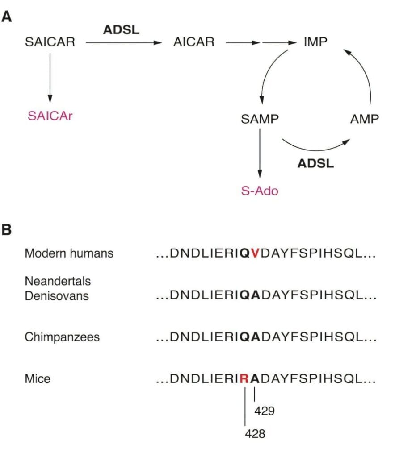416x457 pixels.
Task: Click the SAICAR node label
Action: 50,42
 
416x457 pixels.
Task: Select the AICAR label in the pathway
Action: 194,42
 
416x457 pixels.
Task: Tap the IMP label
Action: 315,42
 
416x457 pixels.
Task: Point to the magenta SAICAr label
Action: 50,116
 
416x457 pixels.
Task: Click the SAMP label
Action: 260,119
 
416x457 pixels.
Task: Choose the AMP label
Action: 364,119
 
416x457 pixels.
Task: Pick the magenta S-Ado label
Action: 260,191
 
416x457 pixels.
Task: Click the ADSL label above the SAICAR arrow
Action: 122,30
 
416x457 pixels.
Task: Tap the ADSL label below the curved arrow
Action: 315,163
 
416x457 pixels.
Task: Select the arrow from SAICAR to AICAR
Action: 123,43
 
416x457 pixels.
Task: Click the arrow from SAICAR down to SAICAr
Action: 50,78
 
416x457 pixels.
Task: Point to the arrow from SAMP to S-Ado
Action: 260,154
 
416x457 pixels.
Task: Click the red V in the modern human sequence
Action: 255,253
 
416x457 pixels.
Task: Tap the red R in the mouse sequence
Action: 244,378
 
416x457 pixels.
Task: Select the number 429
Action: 265,411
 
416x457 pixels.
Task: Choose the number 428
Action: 255,434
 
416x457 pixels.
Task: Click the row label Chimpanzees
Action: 62,337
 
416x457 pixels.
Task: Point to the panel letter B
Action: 6,230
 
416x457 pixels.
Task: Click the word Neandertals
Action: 58,281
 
